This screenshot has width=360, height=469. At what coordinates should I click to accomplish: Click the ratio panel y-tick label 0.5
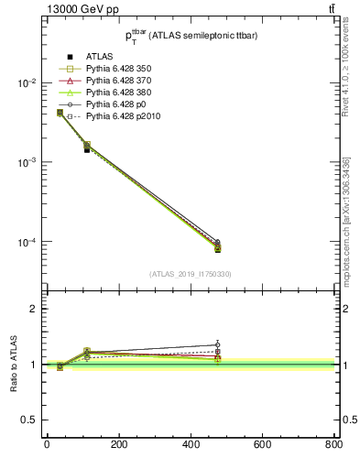point(29,420)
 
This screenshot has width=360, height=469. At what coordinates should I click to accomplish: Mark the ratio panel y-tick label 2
point(33,309)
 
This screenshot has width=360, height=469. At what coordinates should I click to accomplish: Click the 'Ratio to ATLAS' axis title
point(14,364)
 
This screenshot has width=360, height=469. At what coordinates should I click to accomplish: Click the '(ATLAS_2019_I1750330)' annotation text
point(191,274)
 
